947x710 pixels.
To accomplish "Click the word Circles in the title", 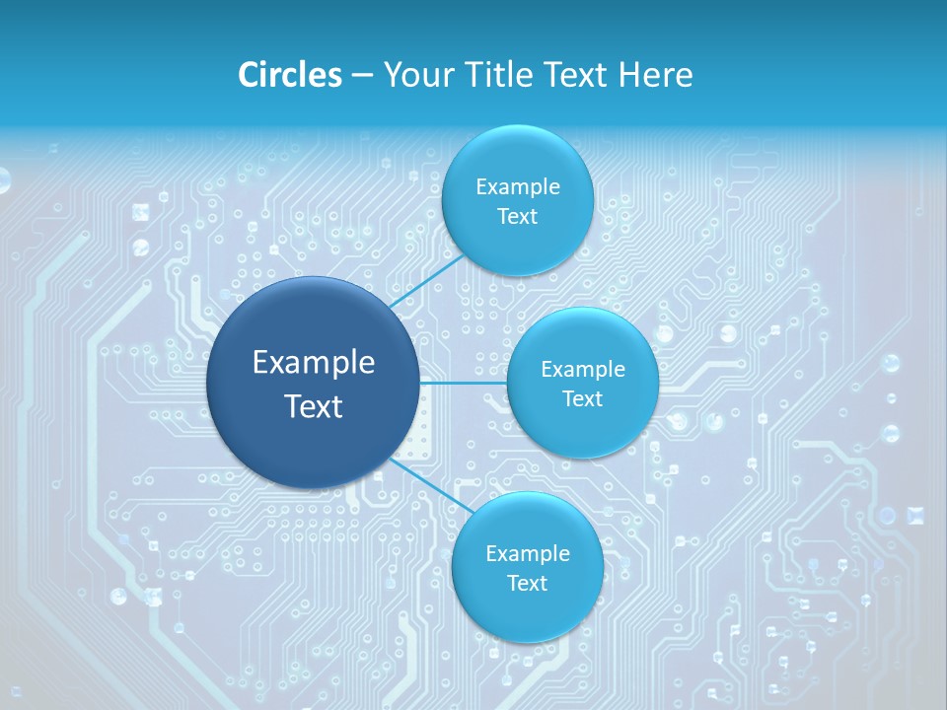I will click(289, 75).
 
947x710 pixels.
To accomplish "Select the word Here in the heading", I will click(655, 75).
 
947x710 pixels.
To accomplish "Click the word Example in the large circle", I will click(314, 363).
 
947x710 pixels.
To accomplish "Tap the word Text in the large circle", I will click(314, 406).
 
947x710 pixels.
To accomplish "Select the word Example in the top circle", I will click(518, 187).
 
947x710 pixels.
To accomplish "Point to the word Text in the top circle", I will click(517, 217).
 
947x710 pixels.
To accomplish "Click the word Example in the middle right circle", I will click(583, 370).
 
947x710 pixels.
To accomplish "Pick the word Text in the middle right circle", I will click(582, 398).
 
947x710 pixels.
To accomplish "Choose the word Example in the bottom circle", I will click(528, 554).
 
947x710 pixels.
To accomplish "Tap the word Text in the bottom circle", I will click(527, 584).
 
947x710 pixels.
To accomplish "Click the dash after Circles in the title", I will click(362, 76).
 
